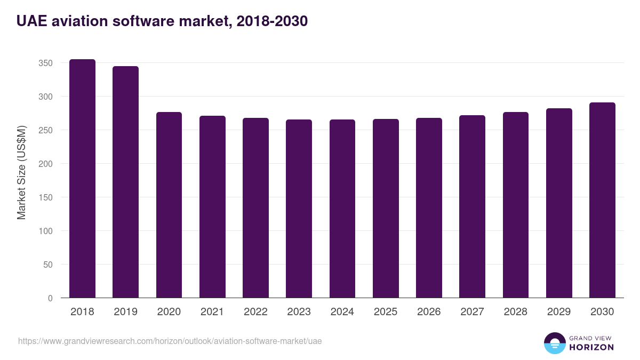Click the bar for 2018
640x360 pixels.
point(82,179)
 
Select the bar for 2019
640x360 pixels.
point(125,182)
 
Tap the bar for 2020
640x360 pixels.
point(169,205)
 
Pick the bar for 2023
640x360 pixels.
point(299,209)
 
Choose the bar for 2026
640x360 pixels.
point(429,208)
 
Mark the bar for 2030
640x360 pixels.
point(602,200)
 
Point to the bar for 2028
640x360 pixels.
point(515,205)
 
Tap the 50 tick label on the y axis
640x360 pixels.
point(47,265)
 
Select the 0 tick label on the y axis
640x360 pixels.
point(50,298)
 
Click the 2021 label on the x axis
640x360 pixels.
point(212,312)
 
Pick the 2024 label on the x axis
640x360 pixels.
point(342,312)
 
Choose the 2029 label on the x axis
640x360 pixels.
point(559,312)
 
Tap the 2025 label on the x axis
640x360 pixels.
point(386,312)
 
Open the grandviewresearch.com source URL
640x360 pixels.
point(170,341)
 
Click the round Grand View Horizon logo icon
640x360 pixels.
point(554,343)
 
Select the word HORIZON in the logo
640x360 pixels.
point(591,347)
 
